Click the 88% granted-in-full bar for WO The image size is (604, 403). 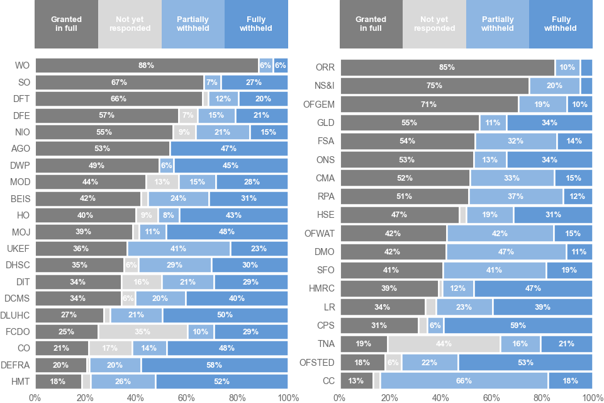(147, 65)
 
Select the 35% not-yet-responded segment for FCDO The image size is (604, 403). (143, 332)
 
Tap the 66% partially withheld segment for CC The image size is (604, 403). (464, 381)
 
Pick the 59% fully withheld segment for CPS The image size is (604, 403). (518, 326)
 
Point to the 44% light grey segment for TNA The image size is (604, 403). (444, 344)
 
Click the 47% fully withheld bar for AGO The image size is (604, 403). (229, 149)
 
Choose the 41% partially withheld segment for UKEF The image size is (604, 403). (179, 249)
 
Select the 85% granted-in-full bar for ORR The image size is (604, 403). (447, 67)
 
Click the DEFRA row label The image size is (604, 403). (16, 365)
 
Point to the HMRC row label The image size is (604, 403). (322, 288)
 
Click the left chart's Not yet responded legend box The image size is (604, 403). (130, 24)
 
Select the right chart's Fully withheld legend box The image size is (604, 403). (561, 24)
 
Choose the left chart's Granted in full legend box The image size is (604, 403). (66, 24)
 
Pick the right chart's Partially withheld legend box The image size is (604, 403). (497, 24)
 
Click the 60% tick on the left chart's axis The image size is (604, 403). (186, 397)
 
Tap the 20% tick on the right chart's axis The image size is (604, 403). (390, 397)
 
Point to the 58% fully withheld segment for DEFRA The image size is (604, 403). (215, 365)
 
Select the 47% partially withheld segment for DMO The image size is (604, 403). (506, 252)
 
